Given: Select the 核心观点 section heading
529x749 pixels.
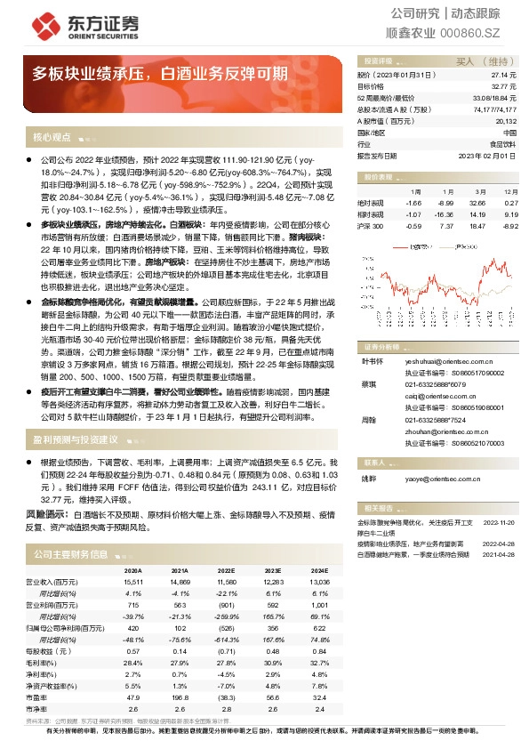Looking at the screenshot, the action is click(52, 138).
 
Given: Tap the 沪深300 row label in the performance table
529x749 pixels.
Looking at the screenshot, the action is click(370, 226).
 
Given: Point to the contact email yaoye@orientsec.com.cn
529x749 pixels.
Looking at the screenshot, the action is click(435, 478).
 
